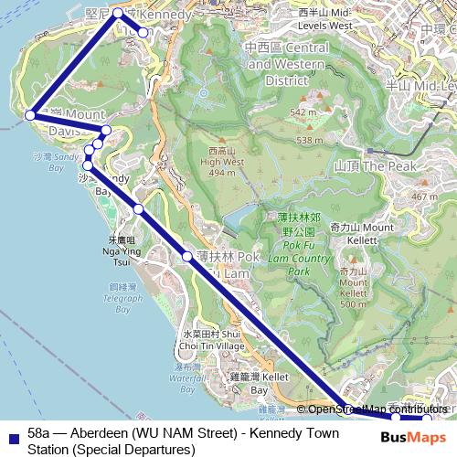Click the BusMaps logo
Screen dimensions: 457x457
click(x=413, y=436)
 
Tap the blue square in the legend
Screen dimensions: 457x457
click(x=12, y=438)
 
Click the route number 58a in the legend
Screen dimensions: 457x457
click(x=39, y=431)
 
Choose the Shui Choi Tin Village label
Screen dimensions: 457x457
click(x=212, y=341)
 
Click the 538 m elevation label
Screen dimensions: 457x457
click(x=309, y=140)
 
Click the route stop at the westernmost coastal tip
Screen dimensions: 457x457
click(x=30, y=115)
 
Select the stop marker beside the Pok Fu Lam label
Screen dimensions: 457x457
click(x=187, y=256)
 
